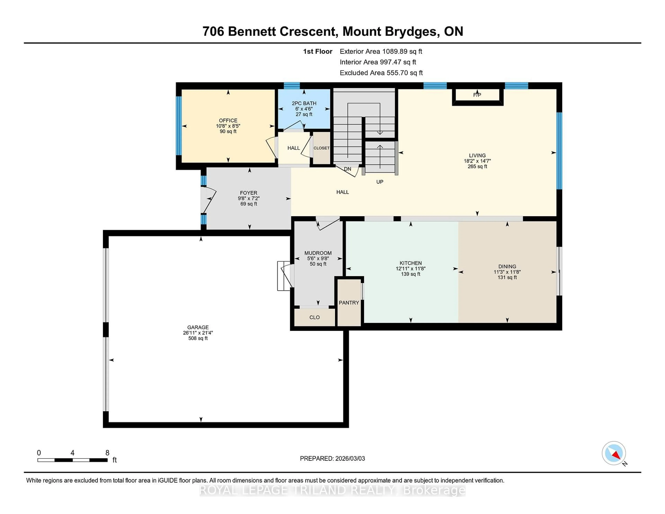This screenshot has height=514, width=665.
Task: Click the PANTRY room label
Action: coord(349,303)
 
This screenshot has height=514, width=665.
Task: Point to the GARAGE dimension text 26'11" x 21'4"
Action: coord(198,333)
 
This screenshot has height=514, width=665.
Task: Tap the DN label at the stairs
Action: coord(347,169)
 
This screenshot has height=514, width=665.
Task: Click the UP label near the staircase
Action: coord(380,182)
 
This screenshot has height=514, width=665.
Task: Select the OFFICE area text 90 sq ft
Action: coord(228,132)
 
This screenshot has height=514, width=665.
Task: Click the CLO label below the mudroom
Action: coord(314,317)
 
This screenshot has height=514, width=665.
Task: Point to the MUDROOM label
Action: coord(318,253)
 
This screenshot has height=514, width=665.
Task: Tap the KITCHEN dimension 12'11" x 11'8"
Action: coord(410,269)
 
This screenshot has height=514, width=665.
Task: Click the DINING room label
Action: coord(507,267)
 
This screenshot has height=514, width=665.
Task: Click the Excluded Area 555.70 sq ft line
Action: coord(381,73)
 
